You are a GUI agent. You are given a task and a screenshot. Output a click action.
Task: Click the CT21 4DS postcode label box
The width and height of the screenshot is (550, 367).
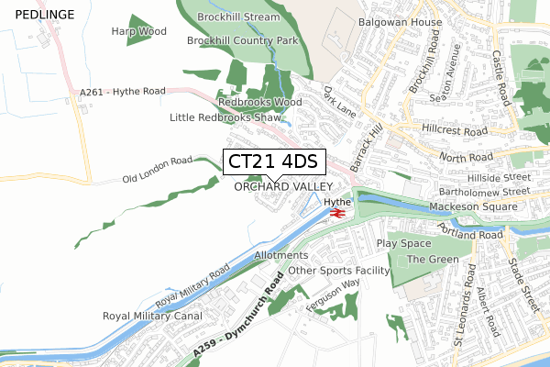tap(272, 161)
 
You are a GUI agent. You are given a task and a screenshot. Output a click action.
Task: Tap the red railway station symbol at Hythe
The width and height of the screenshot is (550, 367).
tap(336, 213)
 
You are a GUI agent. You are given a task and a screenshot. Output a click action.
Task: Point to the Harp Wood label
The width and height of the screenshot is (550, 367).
tap(139, 31)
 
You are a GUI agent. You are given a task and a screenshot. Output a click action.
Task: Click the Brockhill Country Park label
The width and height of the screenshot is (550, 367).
tap(243, 41)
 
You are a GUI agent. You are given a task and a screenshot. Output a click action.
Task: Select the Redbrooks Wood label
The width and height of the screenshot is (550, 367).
tap(259, 102)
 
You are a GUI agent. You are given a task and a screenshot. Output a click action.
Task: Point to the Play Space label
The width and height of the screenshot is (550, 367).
tap(403, 243)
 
